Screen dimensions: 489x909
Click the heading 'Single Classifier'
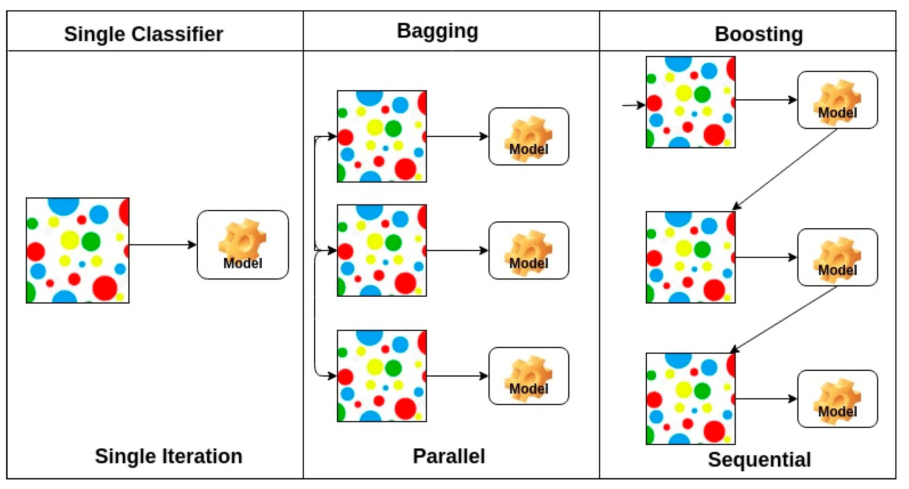tap(143, 34)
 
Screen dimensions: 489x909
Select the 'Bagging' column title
tap(437, 31)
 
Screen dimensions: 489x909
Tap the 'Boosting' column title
tap(758, 34)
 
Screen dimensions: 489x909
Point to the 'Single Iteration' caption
tap(169, 456)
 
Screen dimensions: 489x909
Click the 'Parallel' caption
tap(449, 456)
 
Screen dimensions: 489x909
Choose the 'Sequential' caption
tap(759, 459)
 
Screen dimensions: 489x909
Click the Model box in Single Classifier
tap(243, 245)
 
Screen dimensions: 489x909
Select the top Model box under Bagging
tap(528, 136)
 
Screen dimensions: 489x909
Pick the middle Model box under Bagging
tap(528, 250)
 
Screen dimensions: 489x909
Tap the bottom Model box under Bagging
tap(528, 376)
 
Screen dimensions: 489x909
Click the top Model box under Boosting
tap(837, 100)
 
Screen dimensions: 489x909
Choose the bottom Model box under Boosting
tap(837, 399)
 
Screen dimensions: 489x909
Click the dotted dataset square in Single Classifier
tap(78, 250)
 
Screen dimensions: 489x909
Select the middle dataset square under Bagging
tap(382, 250)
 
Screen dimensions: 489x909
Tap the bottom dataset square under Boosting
tap(690, 399)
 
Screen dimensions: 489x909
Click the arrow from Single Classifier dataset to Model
tap(162, 245)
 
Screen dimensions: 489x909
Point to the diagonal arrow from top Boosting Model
tap(785, 169)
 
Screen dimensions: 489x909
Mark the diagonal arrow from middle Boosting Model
tap(783, 320)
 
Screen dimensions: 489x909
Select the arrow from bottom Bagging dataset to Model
tap(457, 376)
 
